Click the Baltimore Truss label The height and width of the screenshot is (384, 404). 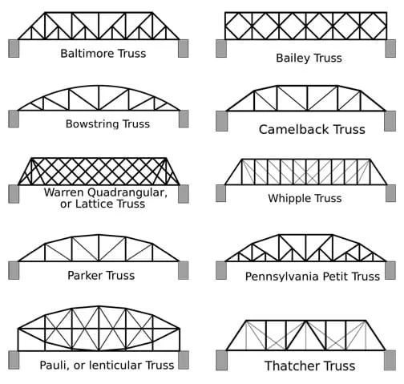coord(97,54)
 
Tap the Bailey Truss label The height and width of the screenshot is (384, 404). coord(309,58)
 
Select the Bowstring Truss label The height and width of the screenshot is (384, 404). coord(107,124)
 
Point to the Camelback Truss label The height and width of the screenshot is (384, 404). coord(312,129)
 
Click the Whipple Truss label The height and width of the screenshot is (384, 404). coord(305,198)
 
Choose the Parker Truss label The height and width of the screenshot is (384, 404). coord(101,275)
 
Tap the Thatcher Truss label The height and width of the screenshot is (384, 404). coord(309,366)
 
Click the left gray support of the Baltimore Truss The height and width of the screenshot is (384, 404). coord(14,48)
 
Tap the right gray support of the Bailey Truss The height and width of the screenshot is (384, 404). coord(390,48)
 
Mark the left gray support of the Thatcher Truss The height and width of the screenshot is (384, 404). coord(221,360)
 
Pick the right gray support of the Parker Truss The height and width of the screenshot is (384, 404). coord(184,270)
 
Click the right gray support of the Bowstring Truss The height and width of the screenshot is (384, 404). coord(184,119)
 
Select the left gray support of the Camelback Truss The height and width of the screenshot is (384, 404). coord(221,120)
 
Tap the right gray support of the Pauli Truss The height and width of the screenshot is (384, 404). coord(184,359)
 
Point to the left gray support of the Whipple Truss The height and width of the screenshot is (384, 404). coord(220,193)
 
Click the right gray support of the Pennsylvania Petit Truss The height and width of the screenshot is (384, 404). coord(390,270)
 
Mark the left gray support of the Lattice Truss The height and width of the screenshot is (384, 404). coord(14,193)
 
